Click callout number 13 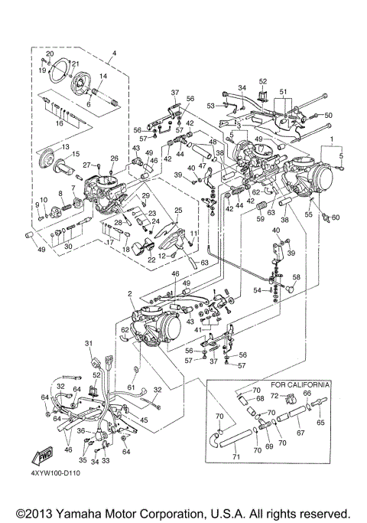click(65, 146)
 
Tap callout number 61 click(131, 388)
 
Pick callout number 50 click(330, 115)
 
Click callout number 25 click(178, 209)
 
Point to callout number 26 click(113, 159)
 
